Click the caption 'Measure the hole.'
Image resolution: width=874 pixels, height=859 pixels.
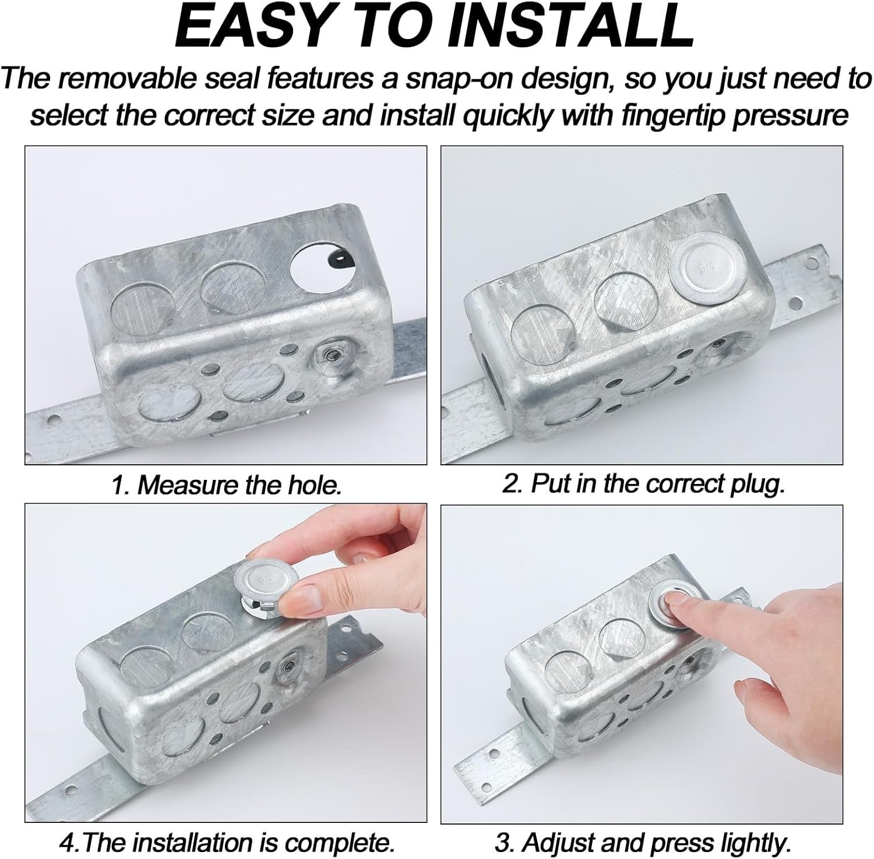226,485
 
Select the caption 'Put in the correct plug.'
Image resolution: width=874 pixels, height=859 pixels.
644,485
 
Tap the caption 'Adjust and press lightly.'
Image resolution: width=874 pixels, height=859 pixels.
643,842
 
